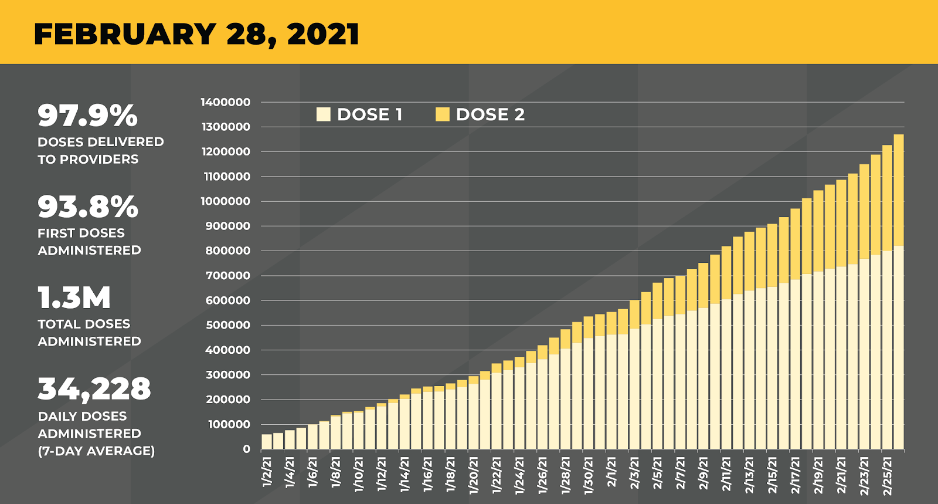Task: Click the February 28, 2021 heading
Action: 196,34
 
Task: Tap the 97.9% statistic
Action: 87,115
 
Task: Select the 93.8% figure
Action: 88,207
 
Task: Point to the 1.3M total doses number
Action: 74,297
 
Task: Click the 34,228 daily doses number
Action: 94,389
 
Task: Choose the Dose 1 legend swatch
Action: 323,114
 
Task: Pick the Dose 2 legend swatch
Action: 443,114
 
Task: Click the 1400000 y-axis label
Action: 226,102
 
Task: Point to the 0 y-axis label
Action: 246,449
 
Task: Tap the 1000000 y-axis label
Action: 226,201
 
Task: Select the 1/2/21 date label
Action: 267,472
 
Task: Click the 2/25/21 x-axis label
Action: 887,475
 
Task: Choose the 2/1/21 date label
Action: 611,472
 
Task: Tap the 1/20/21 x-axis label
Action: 474,475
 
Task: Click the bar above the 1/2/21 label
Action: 267,442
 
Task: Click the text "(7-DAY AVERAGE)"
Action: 96,451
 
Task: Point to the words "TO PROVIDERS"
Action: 88,159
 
